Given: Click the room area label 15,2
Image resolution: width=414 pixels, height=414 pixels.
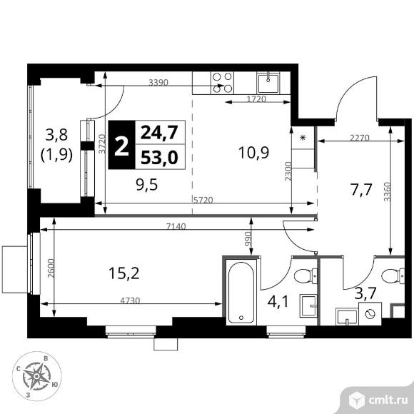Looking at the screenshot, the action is [x=123, y=273].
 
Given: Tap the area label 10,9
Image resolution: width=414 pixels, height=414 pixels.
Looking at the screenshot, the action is [x=253, y=152].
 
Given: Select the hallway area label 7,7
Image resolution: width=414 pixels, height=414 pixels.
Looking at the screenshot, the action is [x=361, y=190].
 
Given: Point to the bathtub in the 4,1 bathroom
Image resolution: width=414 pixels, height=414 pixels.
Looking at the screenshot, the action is [x=241, y=292].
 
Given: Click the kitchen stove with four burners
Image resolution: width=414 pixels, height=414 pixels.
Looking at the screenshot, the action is [x=222, y=83].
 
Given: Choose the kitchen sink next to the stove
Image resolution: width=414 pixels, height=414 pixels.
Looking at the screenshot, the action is [x=268, y=83].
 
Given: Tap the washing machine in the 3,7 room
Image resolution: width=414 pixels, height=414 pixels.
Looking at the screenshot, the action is [x=370, y=313].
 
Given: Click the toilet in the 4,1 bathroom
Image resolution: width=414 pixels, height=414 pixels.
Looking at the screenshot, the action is [x=306, y=276].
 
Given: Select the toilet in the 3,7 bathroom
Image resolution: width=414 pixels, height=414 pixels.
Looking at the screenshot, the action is [x=393, y=276].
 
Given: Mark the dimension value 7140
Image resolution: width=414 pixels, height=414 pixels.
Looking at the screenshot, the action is [x=176, y=226].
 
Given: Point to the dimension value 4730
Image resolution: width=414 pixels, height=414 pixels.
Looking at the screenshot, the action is [x=130, y=301].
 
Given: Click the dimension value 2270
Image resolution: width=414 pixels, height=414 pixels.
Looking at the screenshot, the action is [x=359, y=138].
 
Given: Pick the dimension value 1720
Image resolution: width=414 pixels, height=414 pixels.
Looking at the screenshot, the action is [x=256, y=99].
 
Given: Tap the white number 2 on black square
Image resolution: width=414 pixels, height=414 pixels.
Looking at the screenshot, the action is [x=122, y=145].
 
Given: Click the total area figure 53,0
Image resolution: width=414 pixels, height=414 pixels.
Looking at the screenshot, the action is [x=159, y=158].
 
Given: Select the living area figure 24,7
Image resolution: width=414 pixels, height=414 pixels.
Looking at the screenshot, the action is [x=159, y=132].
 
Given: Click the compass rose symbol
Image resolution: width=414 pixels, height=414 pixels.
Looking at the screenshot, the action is [x=36, y=375].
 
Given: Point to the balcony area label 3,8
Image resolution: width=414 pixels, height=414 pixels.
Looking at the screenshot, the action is [x=56, y=135].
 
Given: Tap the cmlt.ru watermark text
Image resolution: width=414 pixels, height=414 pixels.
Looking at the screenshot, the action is [x=388, y=400].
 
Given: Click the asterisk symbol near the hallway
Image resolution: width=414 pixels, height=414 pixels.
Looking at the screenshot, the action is [x=303, y=137].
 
